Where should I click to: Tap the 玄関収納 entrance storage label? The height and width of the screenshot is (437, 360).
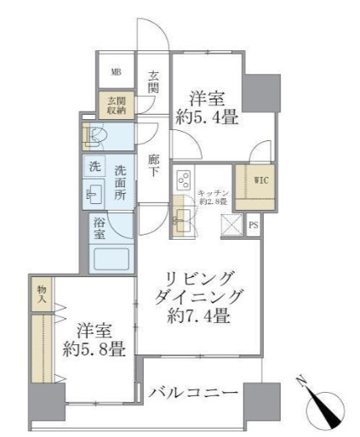pyautogui.click(x=114, y=105)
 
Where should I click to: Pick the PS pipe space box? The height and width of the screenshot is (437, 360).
pyautogui.click(x=253, y=225)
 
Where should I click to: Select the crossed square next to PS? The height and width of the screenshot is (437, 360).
pyautogui.click(x=231, y=225)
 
